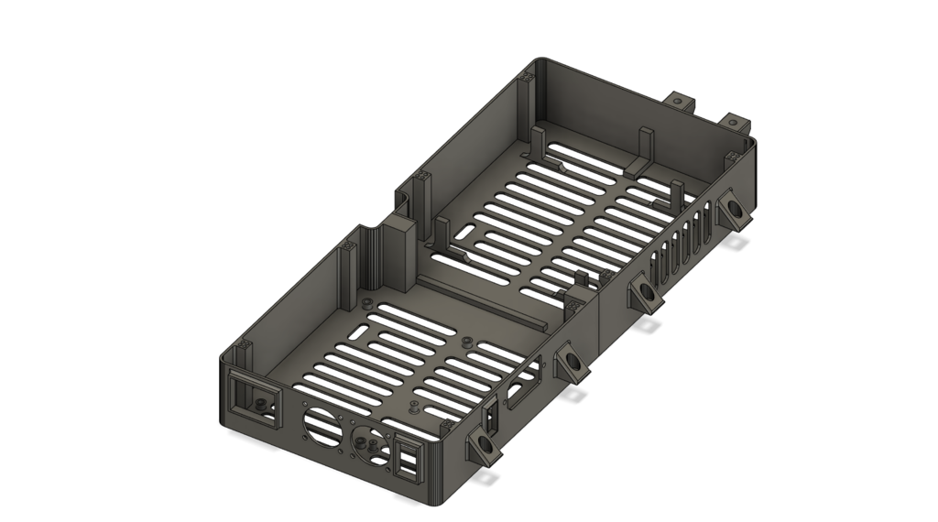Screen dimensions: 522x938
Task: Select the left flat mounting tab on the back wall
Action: click(x=679, y=101)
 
